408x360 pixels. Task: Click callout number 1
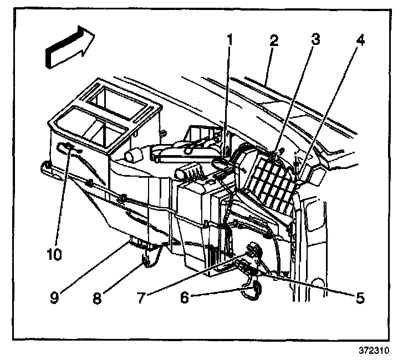click(x=229, y=41)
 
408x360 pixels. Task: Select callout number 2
click(x=274, y=40)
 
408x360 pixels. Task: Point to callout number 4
click(x=360, y=39)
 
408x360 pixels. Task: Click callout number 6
click(x=185, y=297)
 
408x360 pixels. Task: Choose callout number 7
click(x=141, y=297)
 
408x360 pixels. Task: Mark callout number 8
click(x=97, y=297)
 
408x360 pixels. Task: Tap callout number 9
click(x=54, y=297)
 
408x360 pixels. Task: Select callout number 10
click(x=54, y=254)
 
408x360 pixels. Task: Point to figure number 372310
click(x=374, y=350)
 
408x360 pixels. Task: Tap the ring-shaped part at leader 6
click(x=254, y=291)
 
